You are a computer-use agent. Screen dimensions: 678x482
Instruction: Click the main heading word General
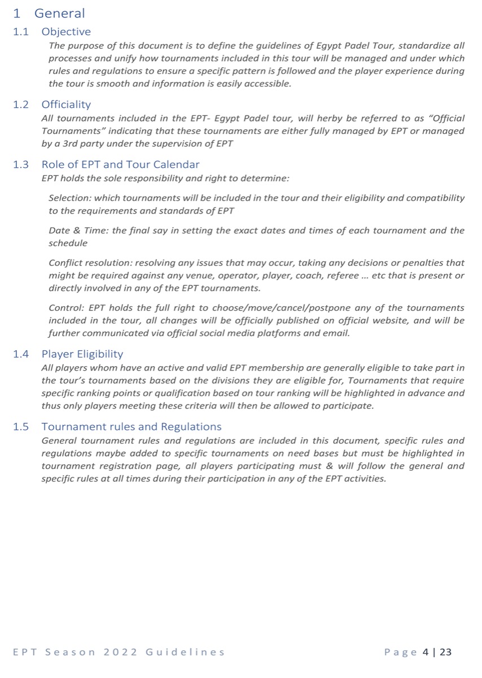(59, 13)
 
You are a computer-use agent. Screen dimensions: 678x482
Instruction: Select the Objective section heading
(66, 32)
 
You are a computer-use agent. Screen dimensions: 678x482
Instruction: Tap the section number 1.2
(21, 105)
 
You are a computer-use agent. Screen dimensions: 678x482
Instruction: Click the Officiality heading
(66, 105)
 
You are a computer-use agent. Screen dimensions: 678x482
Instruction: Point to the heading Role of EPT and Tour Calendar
(120, 165)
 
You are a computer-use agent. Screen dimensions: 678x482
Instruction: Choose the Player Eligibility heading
(82, 354)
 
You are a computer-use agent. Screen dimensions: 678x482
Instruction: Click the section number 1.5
(21, 427)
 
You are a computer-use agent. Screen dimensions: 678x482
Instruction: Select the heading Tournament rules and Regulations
(132, 427)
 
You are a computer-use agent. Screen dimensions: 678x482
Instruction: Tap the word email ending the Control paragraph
(337, 333)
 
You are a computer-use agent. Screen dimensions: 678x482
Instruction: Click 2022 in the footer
(121, 652)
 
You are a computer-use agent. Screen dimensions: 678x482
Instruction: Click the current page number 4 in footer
(426, 652)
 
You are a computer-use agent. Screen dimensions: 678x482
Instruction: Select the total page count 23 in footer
(445, 652)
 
